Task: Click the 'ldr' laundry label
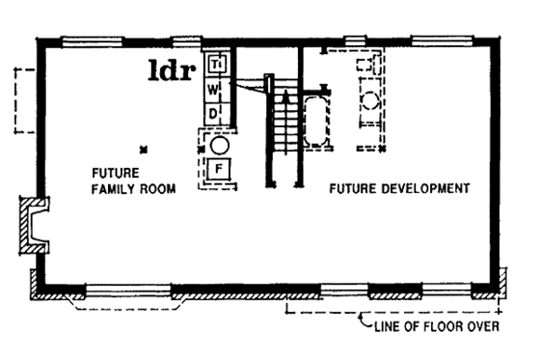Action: (x=173, y=69)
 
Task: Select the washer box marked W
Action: (x=215, y=89)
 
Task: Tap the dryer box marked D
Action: (x=215, y=113)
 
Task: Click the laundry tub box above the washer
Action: (x=216, y=64)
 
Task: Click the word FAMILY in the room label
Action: (x=113, y=190)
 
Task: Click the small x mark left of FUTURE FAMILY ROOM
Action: (x=142, y=148)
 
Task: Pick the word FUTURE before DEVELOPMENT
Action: (x=351, y=187)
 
